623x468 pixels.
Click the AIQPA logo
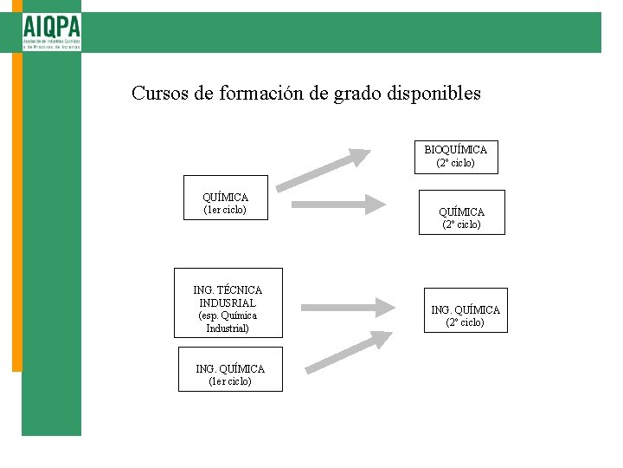[x=52, y=32]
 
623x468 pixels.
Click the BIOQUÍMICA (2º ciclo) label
[x=455, y=156]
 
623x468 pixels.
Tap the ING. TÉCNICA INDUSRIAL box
[x=228, y=309]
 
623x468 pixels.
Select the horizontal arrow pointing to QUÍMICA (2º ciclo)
[x=338, y=205]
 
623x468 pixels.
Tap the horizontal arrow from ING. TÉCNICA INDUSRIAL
[x=348, y=307]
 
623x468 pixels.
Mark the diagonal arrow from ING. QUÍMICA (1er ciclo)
[x=350, y=352]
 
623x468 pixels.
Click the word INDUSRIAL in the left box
[x=228, y=302]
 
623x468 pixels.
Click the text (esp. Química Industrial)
[x=228, y=322]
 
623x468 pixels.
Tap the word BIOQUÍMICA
[x=455, y=150]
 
